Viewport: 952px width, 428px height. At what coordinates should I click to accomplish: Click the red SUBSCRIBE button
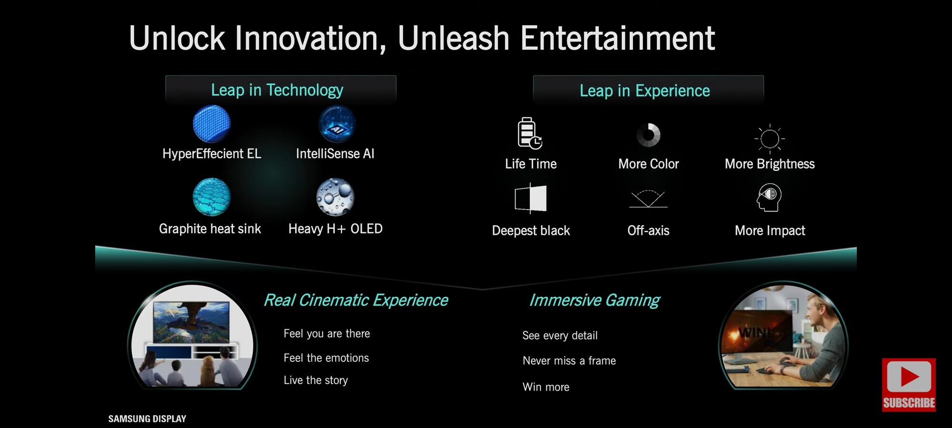coord(909,385)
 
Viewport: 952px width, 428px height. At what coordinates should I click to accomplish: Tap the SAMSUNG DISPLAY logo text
coord(147,419)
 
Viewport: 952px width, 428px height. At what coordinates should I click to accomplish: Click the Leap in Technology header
coord(277,90)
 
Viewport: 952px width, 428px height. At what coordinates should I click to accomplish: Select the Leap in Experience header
coord(645,90)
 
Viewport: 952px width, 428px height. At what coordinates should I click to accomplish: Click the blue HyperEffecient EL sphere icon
coord(212,124)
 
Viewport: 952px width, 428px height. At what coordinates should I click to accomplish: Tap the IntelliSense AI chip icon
coord(337,124)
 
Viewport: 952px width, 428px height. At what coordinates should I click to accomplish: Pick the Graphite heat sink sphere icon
coord(211,197)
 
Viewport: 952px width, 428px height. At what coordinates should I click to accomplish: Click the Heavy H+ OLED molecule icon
coord(336,197)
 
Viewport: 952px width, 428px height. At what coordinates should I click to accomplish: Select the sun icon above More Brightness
coord(770,138)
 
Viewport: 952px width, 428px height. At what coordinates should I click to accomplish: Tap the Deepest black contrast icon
coord(531,198)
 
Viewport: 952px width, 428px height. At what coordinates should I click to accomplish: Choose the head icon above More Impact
coord(769,197)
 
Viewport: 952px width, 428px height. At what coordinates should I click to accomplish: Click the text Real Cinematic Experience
coord(356,300)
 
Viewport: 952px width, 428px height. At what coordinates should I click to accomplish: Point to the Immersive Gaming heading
coord(595,300)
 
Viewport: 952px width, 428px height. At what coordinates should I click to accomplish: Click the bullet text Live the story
coord(316,380)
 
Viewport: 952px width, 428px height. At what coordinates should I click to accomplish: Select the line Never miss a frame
coord(569,360)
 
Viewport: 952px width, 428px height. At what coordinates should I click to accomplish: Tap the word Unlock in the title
coord(177,38)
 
